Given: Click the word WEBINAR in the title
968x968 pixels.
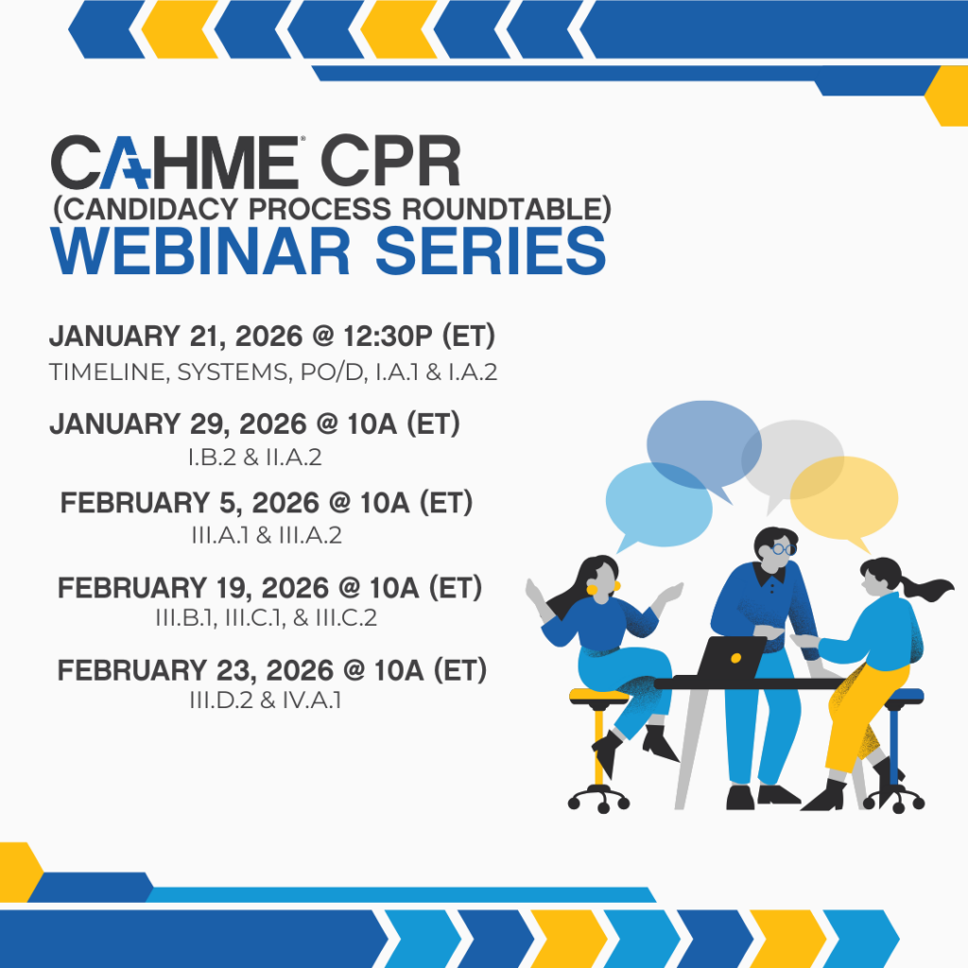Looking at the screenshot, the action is click(x=200, y=251).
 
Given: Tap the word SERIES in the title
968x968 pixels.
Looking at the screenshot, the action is click(x=491, y=251).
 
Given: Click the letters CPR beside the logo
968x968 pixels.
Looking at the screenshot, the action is click(x=390, y=161).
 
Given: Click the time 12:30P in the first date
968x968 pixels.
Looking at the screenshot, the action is click(x=389, y=337).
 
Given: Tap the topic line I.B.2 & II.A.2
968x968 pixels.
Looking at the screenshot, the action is click(x=255, y=458).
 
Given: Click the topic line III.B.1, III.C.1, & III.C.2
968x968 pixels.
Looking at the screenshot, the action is click(x=266, y=617).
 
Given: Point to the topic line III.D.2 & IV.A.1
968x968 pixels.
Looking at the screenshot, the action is click(x=266, y=700).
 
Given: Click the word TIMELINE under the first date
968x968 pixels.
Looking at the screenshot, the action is click(x=107, y=372).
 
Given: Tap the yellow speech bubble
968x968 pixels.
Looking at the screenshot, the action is click(x=844, y=498).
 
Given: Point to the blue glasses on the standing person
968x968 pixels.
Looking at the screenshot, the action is click(x=782, y=549).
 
